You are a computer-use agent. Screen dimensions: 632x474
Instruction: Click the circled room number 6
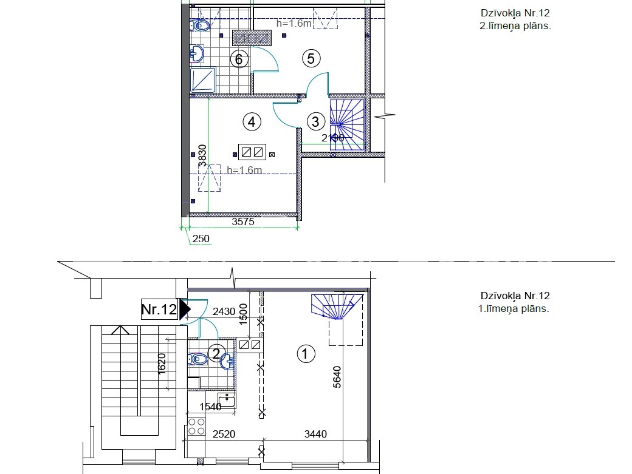239,59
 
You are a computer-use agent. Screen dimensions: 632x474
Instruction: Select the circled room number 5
311,58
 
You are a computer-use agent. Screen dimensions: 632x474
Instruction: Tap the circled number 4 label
252,121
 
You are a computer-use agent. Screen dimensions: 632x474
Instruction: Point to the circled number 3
315,121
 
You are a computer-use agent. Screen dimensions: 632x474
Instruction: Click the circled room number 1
306,354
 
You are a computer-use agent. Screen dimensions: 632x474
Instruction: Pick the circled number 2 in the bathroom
216,354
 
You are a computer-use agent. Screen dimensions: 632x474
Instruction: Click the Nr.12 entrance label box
160,309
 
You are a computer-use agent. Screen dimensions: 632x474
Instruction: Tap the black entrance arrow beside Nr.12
185,309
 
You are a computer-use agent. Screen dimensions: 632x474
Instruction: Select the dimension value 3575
243,222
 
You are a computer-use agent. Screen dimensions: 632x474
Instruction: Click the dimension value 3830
202,156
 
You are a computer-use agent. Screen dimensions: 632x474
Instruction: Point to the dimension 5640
337,377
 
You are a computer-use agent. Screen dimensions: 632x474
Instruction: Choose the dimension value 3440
315,434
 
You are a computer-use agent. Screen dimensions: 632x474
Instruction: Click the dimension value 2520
224,434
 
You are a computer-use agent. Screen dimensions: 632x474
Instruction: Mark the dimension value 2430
224,311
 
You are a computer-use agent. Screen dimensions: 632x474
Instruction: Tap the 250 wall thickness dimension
201,239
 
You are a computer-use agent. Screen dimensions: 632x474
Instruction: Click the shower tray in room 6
203,80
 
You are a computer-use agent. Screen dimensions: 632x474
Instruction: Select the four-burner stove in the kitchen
196,427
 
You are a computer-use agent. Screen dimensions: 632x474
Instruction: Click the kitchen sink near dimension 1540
227,401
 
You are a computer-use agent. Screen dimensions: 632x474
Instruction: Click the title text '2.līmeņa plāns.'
515,25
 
